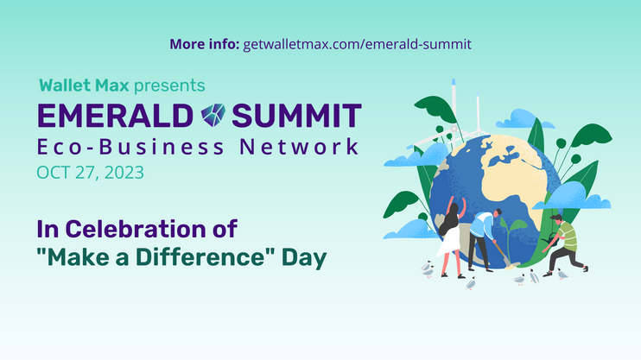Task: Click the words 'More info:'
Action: [205, 44]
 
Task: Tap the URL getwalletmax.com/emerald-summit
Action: [358, 45]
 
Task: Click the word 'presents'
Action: [169, 85]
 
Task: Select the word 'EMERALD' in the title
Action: [115, 116]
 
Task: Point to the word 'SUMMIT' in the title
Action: [297, 116]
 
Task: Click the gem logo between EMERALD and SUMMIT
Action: [213, 115]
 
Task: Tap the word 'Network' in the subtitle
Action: [299, 147]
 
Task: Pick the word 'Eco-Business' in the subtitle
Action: [130, 147]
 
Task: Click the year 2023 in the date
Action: [124, 173]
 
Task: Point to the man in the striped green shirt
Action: [565, 243]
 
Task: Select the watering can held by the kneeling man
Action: [549, 238]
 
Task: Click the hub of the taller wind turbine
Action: [454, 129]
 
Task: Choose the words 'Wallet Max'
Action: [84, 85]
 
